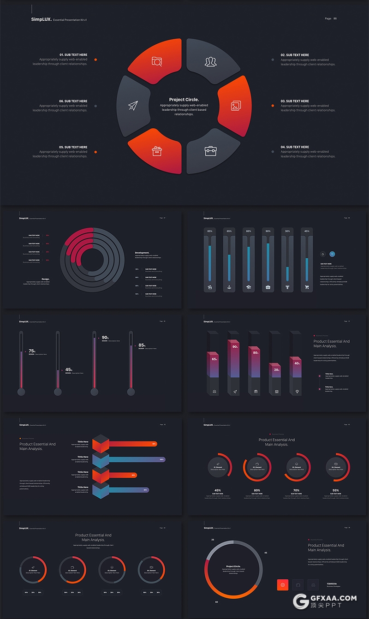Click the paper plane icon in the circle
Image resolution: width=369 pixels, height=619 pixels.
pos(133,106)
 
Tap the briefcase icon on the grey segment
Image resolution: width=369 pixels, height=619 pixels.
pos(211,150)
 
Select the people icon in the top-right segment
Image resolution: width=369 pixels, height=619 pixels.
pos(211,61)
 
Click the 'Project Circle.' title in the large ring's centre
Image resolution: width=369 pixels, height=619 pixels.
pos(184,100)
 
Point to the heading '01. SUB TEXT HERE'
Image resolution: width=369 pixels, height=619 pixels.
pos(73,55)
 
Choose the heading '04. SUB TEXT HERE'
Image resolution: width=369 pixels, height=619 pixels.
pos(295,147)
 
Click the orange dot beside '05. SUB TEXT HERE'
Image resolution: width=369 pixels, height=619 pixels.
pos(95,152)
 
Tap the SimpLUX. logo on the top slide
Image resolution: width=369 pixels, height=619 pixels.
pos(42,19)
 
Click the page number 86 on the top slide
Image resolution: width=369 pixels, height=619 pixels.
pos(335,18)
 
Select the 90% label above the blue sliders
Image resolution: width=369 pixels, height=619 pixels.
pos(268,231)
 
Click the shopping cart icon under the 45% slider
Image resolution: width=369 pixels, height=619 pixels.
pos(307,287)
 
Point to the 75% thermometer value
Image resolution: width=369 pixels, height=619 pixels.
pos(32,351)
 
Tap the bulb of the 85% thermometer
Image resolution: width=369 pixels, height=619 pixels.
pos(131,392)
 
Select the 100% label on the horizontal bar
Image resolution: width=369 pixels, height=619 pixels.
pos(161,459)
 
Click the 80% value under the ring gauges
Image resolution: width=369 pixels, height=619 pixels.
pos(257,490)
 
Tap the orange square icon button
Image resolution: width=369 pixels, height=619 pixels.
pos(283,584)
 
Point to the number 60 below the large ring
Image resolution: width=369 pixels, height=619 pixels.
pos(216,602)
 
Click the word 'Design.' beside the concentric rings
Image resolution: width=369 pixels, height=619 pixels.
pos(46,279)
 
